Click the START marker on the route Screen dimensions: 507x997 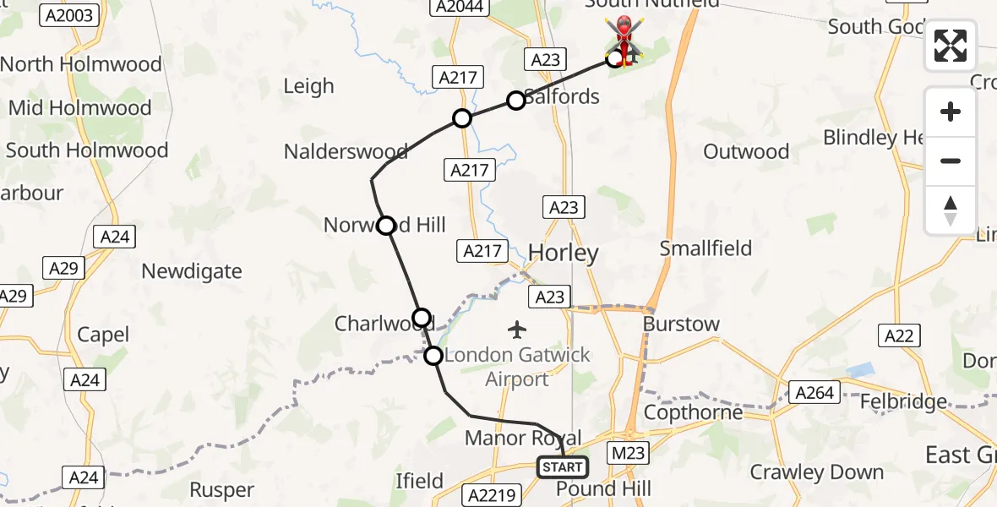[563, 467]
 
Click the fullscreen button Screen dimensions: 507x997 [951, 46]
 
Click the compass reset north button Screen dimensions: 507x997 [951, 210]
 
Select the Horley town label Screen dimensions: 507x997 [564, 253]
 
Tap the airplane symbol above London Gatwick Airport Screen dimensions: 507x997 [517, 328]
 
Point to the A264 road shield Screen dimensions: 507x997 [814, 391]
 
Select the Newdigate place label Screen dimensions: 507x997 [192, 271]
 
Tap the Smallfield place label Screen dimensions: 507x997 [706, 248]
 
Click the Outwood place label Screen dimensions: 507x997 [746, 151]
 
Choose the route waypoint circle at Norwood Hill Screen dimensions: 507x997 [386, 226]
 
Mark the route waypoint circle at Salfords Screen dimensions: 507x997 [515, 101]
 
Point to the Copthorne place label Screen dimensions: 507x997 [693, 412]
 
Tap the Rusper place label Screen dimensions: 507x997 [221, 490]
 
